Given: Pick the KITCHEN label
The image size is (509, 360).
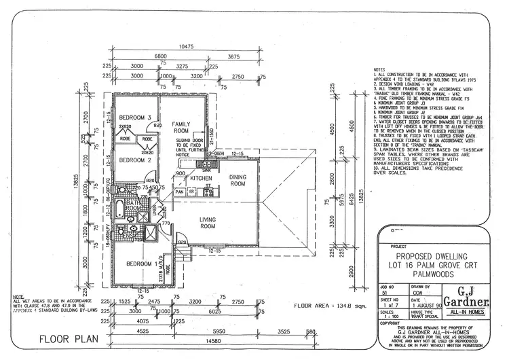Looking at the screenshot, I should point(202,178).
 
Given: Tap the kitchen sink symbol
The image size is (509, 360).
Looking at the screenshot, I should point(204,164).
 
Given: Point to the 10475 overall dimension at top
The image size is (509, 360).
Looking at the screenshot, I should point(187,46).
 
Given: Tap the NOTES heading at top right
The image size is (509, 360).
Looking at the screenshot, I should point(380,70).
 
